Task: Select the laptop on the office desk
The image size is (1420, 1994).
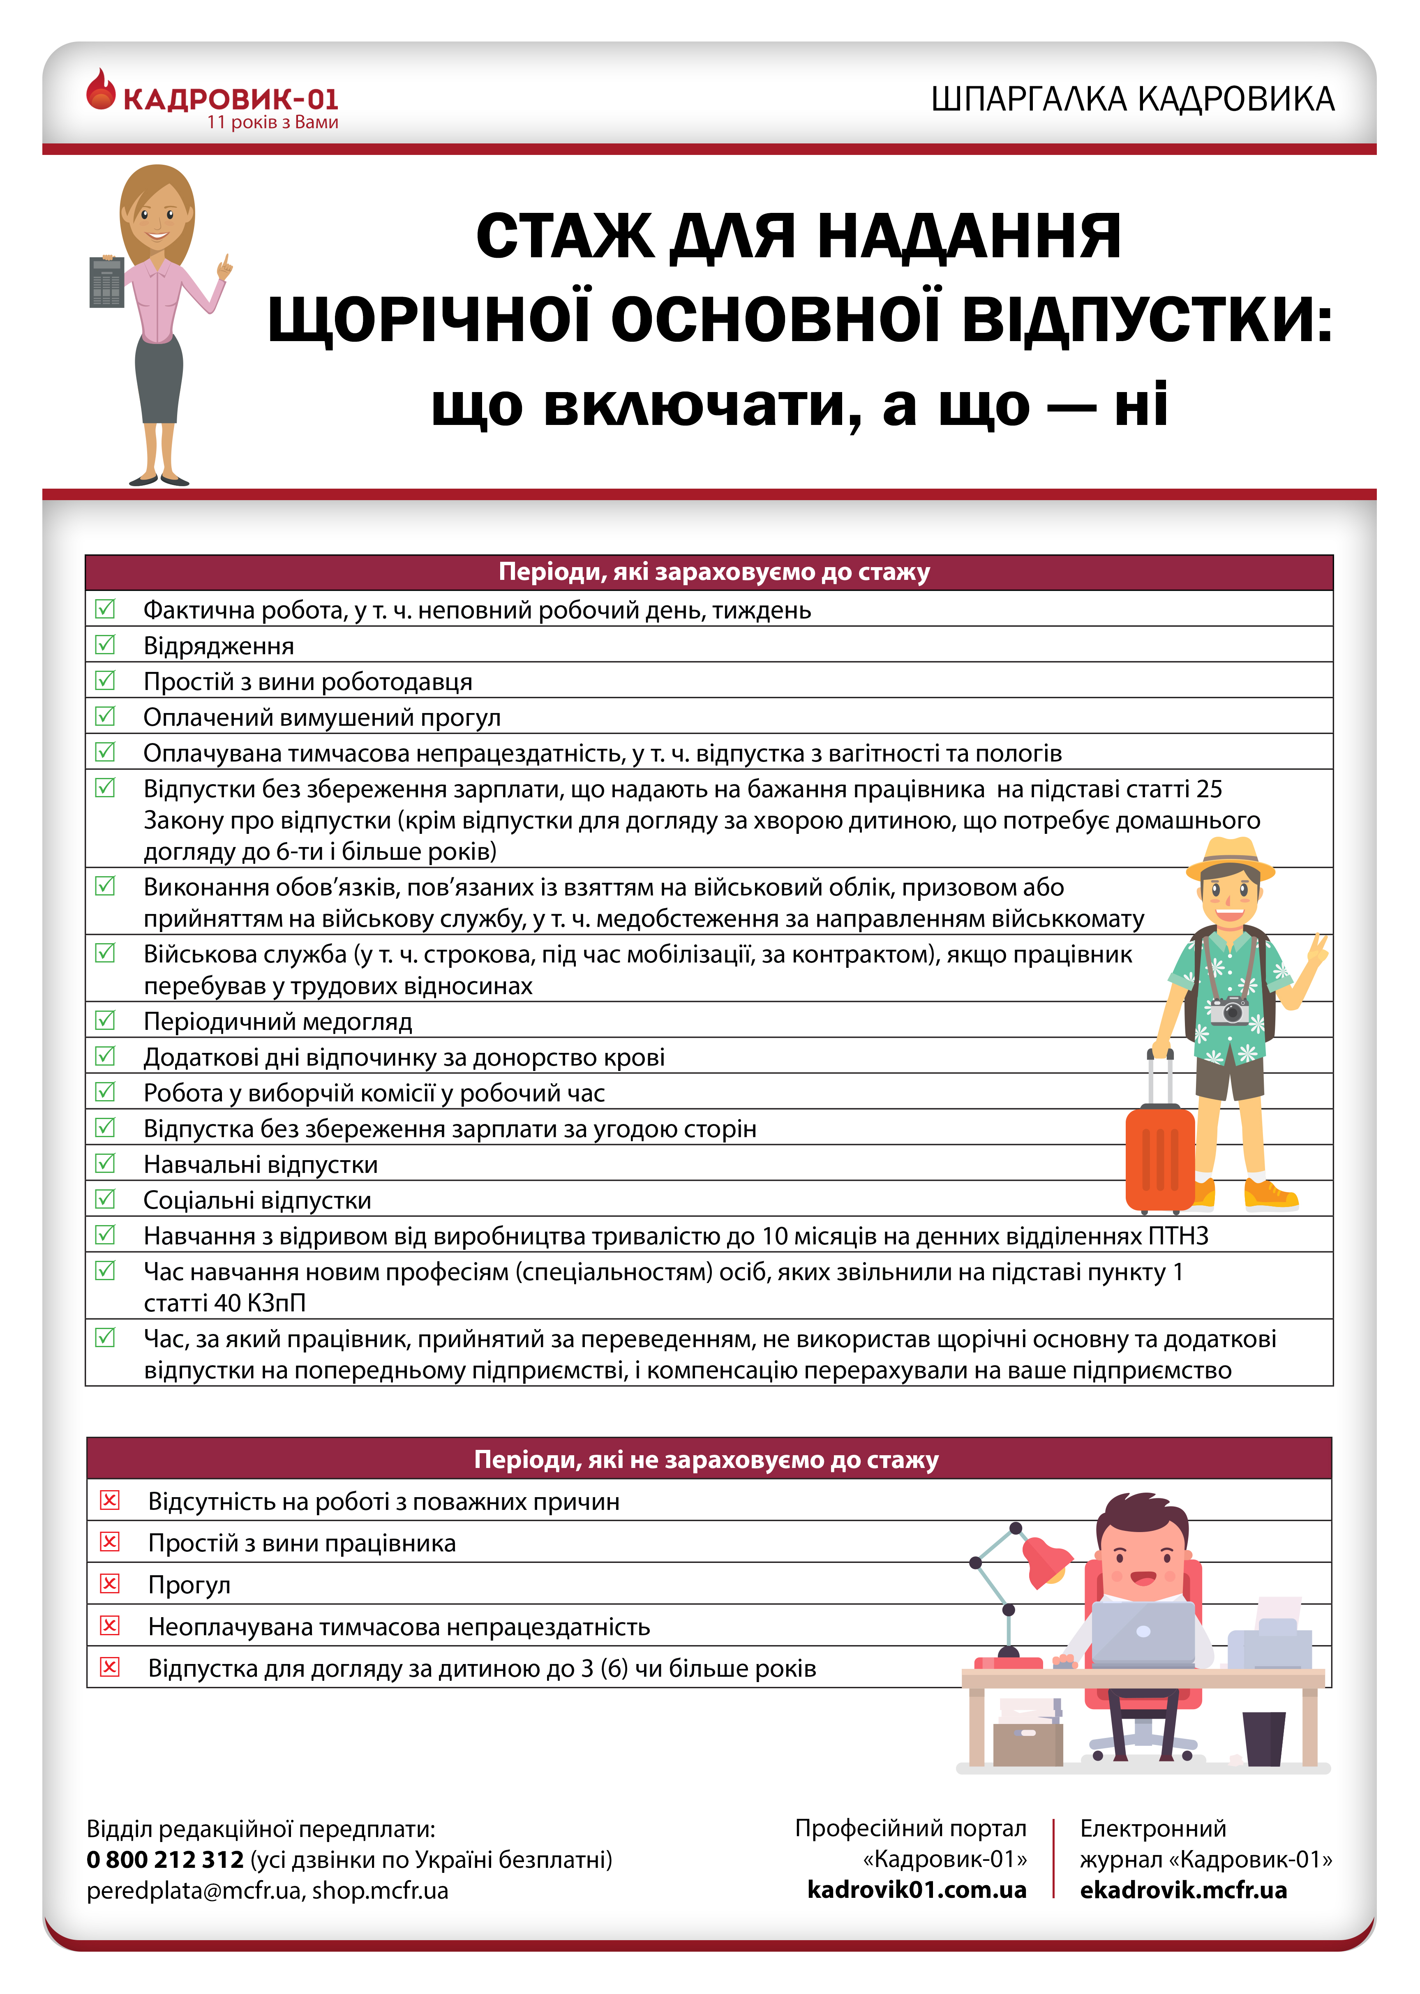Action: (1143, 1633)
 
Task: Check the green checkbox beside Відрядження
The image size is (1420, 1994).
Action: (105, 644)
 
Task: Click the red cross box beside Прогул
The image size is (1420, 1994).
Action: (109, 1583)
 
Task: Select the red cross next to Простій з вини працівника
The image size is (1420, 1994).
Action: (109, 1541)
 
